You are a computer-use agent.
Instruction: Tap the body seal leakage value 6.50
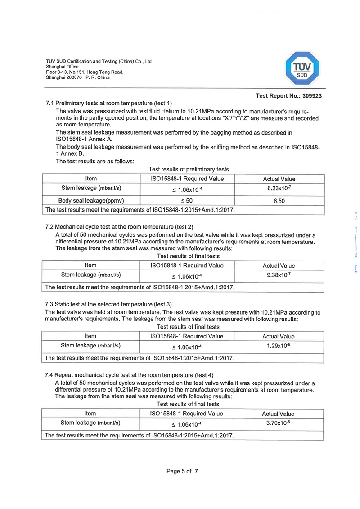point(279,201)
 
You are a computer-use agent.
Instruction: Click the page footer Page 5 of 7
point(182,472)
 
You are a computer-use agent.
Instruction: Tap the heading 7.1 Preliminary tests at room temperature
point(108,104)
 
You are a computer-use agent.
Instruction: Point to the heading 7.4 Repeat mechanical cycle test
point(129,375)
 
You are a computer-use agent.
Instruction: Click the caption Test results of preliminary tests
point(189,170)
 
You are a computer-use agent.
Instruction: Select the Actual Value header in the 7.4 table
point(279,414)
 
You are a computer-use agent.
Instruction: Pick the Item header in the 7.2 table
point(90,266)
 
